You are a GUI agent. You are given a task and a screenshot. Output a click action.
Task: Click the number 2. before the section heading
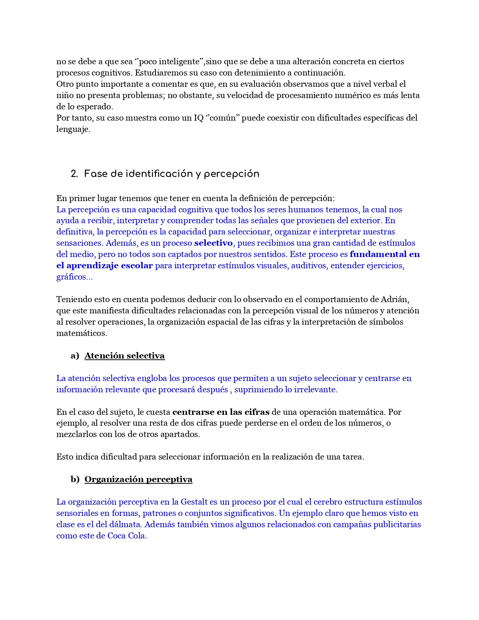click(x=74, y=174)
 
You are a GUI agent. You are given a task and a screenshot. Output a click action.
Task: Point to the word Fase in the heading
click(x=94, y=174)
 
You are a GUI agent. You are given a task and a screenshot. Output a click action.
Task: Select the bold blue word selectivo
click(x=213, y=243)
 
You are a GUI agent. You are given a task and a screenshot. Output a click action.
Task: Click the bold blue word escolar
click(x=138, y=266)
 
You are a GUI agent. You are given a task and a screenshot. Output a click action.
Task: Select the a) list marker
click(x=75, y=356)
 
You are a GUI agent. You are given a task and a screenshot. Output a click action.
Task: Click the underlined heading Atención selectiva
click(x=124, y=356)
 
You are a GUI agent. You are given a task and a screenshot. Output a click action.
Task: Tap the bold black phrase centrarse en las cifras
click(x=221, y=412)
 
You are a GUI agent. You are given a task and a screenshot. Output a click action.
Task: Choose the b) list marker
click(x=75, y=479)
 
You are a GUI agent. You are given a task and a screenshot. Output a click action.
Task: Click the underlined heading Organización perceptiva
click(x=138, y=479)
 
